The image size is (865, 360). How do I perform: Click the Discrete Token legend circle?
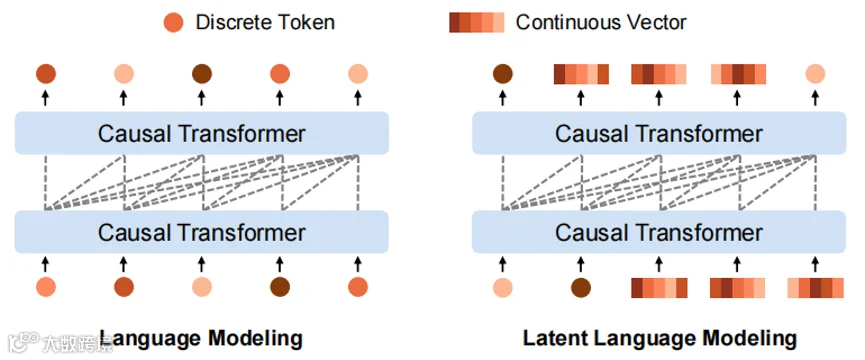[173, 23]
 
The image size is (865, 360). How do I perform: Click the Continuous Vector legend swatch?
[477, 23]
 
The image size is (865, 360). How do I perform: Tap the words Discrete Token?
[265, 23]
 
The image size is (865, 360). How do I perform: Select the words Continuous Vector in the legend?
[601, 23]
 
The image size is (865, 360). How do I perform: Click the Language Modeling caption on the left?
[201, 338]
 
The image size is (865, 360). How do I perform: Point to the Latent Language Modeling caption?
[660, 338]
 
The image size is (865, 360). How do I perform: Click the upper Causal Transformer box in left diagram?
[202, 133]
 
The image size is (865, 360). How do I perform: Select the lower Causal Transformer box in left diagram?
[202, 232]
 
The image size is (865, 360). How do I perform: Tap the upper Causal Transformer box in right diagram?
[659, 133]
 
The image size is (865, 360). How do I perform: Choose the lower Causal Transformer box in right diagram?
[659, 232]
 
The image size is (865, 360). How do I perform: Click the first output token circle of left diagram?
[46, 74]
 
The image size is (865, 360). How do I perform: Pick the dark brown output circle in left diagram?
[202, 74]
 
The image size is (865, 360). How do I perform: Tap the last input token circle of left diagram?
[358, 287]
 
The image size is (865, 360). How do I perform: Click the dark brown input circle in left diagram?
[280, 287]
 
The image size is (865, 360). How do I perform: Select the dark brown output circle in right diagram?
[503, 74]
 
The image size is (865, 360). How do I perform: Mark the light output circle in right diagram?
[815, 74]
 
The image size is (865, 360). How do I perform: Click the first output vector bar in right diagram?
[581, 74]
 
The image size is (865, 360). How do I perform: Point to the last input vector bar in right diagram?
[815, 288]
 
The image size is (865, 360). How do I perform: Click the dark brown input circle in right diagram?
[581, 287]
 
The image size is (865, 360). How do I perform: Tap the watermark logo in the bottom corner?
[24, 341]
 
